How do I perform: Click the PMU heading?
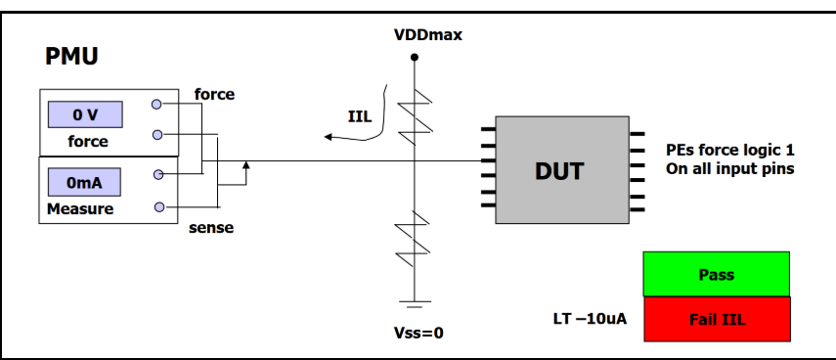point(71,57)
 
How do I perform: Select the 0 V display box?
point(85,114)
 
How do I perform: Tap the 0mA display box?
point(84,182)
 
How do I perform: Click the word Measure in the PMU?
point(80,209)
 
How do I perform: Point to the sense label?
point(211,228)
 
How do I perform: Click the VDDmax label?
point(428,35)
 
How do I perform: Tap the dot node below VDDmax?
point(415,57)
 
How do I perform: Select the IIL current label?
point(360,116)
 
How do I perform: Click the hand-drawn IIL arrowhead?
point(330,137)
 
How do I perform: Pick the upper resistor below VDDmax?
point(415,115)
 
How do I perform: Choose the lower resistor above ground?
point(412,239)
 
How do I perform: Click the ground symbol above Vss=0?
point(415,304)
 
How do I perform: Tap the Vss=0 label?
point(418,334)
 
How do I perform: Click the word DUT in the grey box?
point(559,171)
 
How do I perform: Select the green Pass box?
point(716,274)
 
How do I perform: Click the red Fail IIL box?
point(717,319)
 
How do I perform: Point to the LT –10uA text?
point(591,320)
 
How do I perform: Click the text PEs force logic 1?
point(730,150)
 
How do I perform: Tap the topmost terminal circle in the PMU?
point(156,105)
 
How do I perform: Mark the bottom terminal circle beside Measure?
point(159,207)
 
